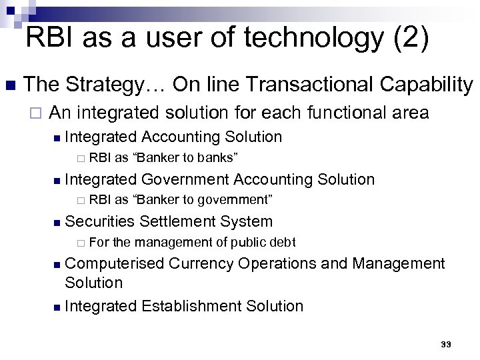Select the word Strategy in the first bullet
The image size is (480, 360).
[111, 85]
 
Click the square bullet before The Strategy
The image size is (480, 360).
[9, 85]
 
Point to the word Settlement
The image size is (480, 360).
[178, 221]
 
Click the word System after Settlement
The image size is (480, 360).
[247, 221]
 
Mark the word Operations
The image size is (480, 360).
[277, 264]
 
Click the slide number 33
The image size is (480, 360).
[446, 345]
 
